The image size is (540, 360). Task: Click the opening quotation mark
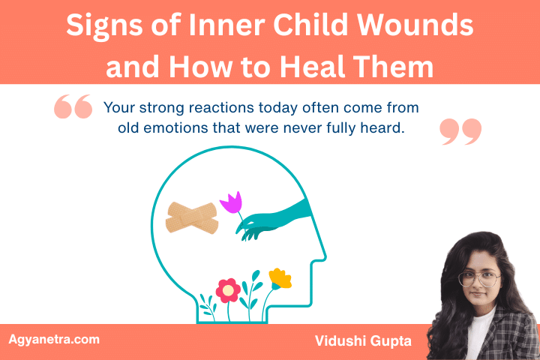[x=73, y=108]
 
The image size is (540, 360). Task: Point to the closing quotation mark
[x=459, y=130]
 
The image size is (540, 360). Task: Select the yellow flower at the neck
[x=280, y=278]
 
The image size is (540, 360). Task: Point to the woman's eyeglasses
[x=478, y=280]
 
